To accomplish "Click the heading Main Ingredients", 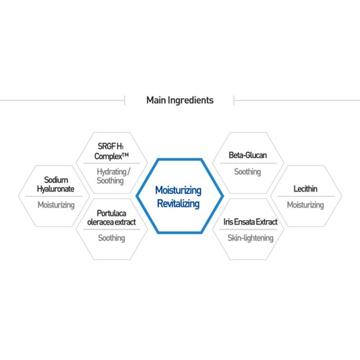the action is pyautogui.click(x=180, y=100).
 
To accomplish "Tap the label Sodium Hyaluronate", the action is pyautogui.click(x=55, y=184).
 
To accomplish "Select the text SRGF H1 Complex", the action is pyautogui.click(x=112, y=151).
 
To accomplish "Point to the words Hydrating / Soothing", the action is pyautogui.click(x=113, y=176).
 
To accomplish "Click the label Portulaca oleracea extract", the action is pyautogui.click(x=112, y=218).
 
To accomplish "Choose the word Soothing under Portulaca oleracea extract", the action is pyautogui.click(x=112, y=238).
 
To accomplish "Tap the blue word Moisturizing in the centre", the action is pyautogui.click(x=178, y=190).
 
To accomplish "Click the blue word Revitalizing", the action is pyautogui.click(x=178, y=204).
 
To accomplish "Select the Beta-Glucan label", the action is pyautogui.click(x=248, y=155).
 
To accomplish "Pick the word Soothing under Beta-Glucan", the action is pyautogui.click(x=247, y=172).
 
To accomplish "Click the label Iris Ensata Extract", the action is pyautogui.click(x=251, y=222).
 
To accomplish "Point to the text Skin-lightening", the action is pyautogui.click(x=251, y=238).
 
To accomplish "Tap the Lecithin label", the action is pyautogui.click(x=306, y=189).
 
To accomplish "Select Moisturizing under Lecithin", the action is pyautogui.click(x=306, y=205).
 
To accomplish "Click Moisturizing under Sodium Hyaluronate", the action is pyautogui.click(x=56, y=205).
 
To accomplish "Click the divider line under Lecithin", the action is pyautogui.click(x=306, y=196).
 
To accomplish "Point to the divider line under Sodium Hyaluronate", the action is pyautogui.click(x=54, y=196).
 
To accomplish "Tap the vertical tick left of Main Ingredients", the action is pyautogui.click(x=125, y=100).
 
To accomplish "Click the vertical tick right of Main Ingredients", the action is pyautogui.click(x=234, y=100).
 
